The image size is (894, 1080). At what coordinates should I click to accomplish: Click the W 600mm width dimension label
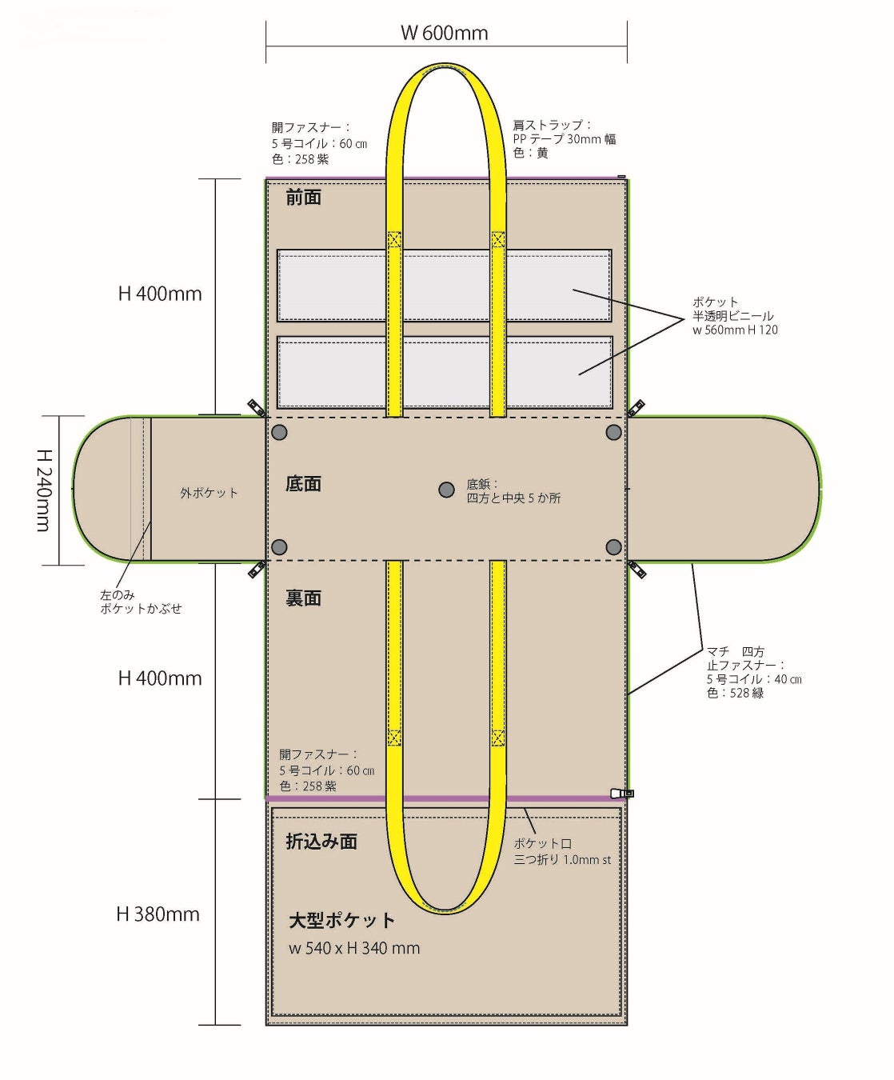(x=444, y=33)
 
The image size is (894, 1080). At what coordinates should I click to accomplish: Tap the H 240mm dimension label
(x=44, y=490)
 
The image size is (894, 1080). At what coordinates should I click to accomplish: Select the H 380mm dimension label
(x=158, y=914)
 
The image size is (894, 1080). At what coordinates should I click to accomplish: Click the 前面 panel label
(x=304, y=198)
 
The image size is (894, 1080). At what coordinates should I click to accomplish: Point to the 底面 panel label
(x=304, y=484)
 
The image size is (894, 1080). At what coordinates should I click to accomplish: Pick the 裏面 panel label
(x=304, y=598)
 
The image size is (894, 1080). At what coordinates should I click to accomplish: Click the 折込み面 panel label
(x=321, y=842)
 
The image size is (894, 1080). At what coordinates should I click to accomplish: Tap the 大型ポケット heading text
(x=341, y=920)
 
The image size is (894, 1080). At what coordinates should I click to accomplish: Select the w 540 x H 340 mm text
(x=354, y=948)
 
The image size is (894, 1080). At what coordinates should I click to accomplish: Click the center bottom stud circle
(x=447, y=490)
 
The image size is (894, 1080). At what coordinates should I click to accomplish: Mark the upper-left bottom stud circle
(x=279, y=432)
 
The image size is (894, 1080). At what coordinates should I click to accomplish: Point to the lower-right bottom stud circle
(x=613, y=547)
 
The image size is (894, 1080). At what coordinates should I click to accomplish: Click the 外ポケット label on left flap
(x=209, y=493)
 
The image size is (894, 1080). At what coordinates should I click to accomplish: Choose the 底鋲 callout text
(x=513, y=491)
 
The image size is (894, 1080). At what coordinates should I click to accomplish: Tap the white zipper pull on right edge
(x=621, y=794)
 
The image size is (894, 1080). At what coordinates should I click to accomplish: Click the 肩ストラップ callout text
(x=564, y=138)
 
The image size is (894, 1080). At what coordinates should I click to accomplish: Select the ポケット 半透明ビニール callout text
(x=734, y=316)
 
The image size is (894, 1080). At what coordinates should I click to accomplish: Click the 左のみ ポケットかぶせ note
(x=140, y=602)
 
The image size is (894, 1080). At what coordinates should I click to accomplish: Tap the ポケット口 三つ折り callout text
(x=561, y=851)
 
